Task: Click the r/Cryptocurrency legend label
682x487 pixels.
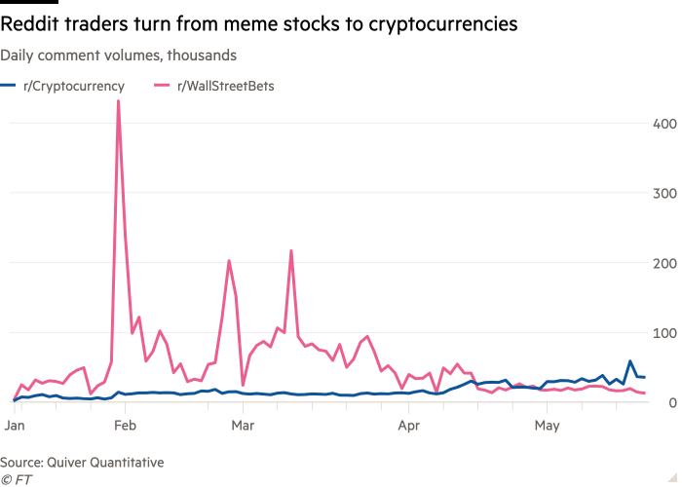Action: (73, 86)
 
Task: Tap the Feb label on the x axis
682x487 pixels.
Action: (124, 427)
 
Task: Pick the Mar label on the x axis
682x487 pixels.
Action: (243, 427)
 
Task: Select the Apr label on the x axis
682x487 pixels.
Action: (409, 427)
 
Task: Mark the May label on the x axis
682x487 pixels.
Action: (548, 427)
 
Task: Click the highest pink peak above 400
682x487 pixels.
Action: (119, 101)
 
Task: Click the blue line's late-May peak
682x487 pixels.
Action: (630, 361)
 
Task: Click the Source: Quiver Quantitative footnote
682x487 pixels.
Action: (82, 462)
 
